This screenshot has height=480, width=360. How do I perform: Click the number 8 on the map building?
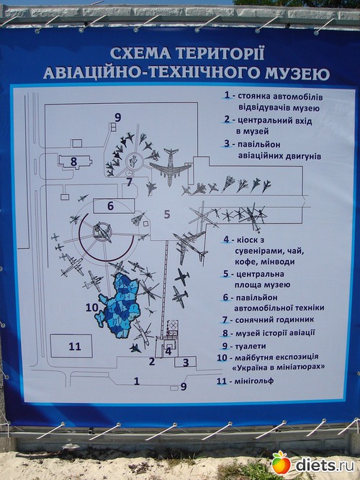pyautogui.click(x=73, y=161)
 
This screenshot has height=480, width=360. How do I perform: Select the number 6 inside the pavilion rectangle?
pyautogui.click(x=111, y=206)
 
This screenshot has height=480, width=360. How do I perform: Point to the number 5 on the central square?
pyautogui.click(x=167, y=214)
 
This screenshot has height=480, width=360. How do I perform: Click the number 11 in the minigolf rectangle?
pyautogui.click(x=75, y=347)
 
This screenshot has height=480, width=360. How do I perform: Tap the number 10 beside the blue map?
pyautogui.click(x=91, y=307)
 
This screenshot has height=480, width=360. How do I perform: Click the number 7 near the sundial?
pyautogui.click(x=130, y=182)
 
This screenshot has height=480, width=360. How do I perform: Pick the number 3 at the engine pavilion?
pyautogui.click(x=186, y=363)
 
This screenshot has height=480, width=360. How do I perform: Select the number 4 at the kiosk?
pyautogui.click(x=168, y=351)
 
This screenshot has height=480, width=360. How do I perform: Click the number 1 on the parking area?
pyautogui.click(x=137, y=381)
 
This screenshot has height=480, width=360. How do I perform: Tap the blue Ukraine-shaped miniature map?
pyautogui.click(x=119, y=305)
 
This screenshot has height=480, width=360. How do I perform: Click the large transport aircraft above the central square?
pyautogui.click(x=170, y=166)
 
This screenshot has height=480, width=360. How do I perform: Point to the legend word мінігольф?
pyautogui.click(x=254, y=381)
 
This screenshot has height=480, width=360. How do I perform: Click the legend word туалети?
pyautogui.click(x=250, y=346)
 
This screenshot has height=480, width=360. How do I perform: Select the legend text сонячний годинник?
pyautogui.click(x=274, y=320)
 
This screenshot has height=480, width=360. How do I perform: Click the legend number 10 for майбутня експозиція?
pyautogui.click(x=222, y=357)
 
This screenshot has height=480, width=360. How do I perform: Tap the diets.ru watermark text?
pyautogui.click(x=325, y=465)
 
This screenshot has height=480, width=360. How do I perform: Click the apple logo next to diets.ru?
pyautogui.click(x=281, y=462)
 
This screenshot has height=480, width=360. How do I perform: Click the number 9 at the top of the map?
pyautogui.click(x=118, y=117)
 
